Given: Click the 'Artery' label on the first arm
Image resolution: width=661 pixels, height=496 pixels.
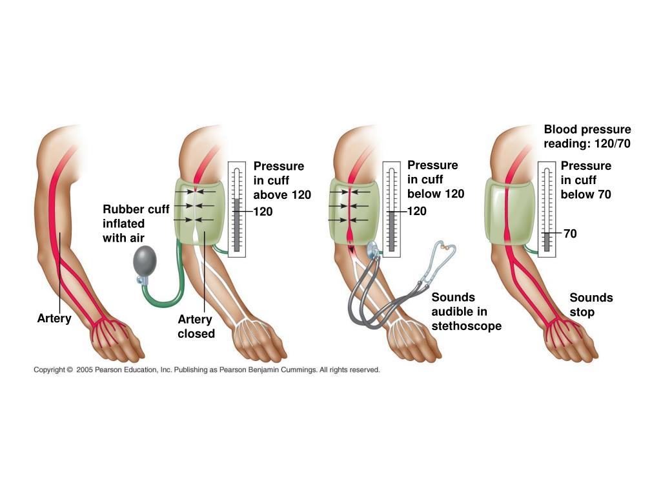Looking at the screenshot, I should (x=54, y=319).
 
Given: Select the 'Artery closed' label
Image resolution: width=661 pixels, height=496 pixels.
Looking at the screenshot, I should (x=196, y=326).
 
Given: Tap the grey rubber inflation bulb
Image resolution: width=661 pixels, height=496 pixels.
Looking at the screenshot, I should (x=144, y=262).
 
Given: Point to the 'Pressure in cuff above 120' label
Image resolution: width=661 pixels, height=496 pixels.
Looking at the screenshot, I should (x=282, y=180).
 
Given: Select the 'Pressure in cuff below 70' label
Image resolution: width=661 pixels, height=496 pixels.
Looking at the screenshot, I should (x=586, y=180).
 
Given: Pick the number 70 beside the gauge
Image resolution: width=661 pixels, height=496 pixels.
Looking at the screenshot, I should (x=570, y=234).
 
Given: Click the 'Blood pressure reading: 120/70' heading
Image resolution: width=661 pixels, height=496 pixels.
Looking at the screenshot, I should (x=587, y=136).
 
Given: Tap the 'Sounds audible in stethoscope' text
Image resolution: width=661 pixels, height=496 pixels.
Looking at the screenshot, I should (x=466, y=312).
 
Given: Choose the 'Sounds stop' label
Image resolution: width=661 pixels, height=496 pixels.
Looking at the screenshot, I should (x=591, y=305).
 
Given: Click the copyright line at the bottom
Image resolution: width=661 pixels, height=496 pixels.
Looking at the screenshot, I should (x=207, y=370).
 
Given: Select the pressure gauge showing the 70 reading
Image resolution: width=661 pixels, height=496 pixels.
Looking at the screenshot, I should (x=547, y=209).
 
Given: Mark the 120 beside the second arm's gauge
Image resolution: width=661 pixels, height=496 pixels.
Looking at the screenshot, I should (x=263, y=211).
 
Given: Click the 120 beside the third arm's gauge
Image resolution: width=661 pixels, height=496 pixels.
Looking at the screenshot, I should (x=417, y=211).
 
